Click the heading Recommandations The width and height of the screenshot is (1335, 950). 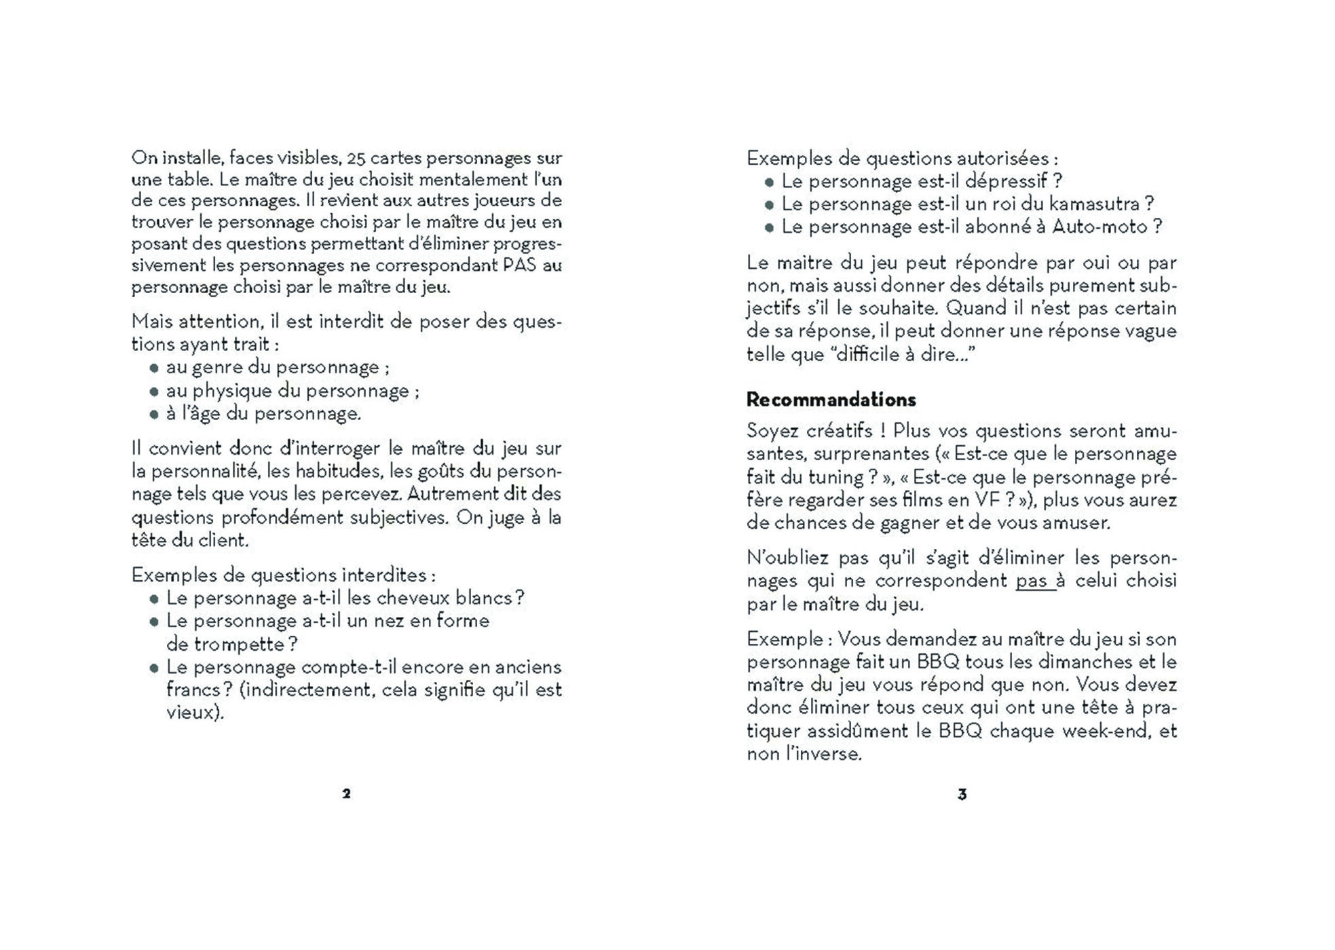click(x=831, y=400)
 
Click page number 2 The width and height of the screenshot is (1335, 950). click(x=346, y=794)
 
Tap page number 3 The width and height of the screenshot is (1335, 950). click(x=962, y=795)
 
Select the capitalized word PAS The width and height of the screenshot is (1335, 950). click(x=519, y=265)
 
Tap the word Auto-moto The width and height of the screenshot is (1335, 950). click(x=1099, y=227)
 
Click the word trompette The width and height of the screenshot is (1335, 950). click(x=225, y=644)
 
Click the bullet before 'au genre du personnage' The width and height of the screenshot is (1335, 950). click(x=154, y=368)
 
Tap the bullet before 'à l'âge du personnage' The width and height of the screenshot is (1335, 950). click(x=154, y=414)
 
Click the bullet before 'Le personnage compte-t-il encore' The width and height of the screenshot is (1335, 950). click(x=154, y=668)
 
